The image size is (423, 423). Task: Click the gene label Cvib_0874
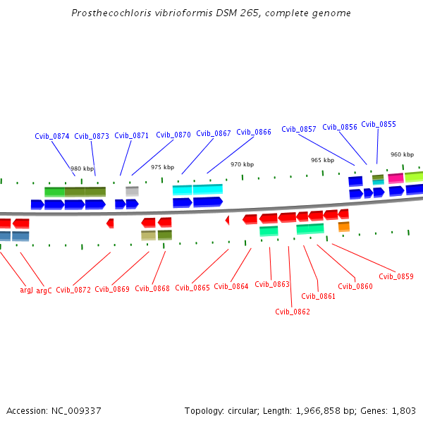tap(52, 136)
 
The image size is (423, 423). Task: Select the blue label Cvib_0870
tap(173, 135)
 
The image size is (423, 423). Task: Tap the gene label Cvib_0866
tap(254, 132)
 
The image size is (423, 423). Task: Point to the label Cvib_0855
tap(379, 124)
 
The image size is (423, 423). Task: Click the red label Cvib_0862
tap(293, 312)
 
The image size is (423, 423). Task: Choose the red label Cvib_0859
tap(396, 276)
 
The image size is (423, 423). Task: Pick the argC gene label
tap(44, 290)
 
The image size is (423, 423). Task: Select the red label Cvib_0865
tap(192, 288)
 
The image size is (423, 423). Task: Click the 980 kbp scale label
tap(82, 168)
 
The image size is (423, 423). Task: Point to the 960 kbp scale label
tap(402, 154)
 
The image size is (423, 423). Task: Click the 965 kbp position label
tap(322, 160)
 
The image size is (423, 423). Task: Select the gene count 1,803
tap(403, 411)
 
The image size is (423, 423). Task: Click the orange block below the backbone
tap(344, 226)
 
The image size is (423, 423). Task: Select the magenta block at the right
tap(396, 178)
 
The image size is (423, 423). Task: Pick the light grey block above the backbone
tap(132, 190)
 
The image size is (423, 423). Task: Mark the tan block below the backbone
tap(148, 235)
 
